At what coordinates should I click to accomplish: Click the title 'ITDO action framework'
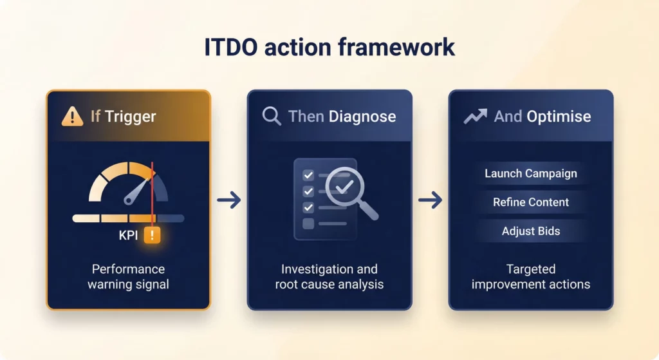(x=329, y=48)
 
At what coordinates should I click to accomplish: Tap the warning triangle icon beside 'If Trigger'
(x=72, y=117)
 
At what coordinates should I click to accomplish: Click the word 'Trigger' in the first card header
(x=131, y=117)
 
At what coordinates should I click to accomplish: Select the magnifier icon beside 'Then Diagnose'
(x=272, y=117)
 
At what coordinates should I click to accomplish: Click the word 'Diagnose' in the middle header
(x=362, y=117)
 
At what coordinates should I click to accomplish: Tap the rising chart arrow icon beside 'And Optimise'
(x=475, y=117)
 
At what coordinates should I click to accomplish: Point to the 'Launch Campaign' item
(x=531, y=173)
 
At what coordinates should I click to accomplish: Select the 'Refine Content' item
(x=531, y=202)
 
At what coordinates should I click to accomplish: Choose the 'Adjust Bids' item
(x=531, y=231)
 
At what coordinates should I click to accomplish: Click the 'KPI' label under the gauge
(x=129, y=236)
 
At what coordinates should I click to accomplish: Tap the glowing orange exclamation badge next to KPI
(x=153, y=236)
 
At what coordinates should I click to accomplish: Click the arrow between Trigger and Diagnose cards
(x=229, y=201)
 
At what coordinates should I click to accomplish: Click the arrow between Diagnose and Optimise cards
(x=430, y=201)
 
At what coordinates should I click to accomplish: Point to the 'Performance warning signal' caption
(x=128, y=276)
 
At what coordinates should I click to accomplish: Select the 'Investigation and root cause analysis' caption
(x=329, y=276)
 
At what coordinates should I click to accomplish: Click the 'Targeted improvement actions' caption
(x=531, y=276)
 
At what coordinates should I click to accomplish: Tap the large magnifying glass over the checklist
(x=348, y=191)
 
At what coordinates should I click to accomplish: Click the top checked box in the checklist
(x=308, y=175)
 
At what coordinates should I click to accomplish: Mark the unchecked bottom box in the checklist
(x=308, y=223)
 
